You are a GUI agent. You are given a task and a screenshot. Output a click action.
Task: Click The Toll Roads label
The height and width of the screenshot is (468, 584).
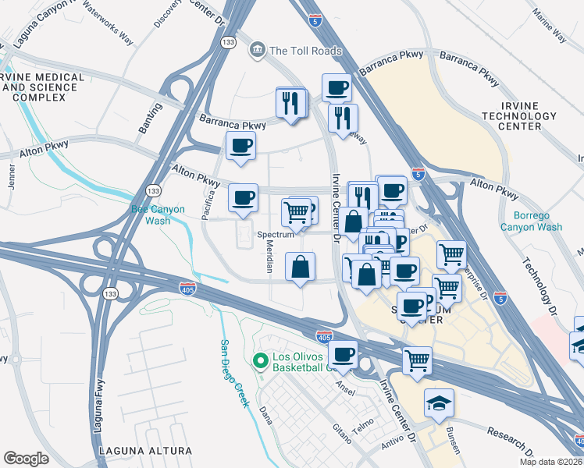click(x=305, y=51)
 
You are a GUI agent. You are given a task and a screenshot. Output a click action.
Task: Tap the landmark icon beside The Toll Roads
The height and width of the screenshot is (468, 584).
click(x=256, y=51)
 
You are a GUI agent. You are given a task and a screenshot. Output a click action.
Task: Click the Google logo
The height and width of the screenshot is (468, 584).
click(x=26, y=458)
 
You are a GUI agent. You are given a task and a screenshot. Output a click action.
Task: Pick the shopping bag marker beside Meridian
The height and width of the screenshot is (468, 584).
click(x=301, y=268)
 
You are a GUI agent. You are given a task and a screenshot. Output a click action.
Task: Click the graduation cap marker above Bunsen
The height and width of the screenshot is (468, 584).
click(x=438, y=403)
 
